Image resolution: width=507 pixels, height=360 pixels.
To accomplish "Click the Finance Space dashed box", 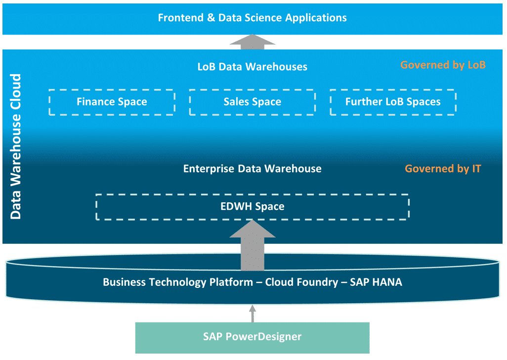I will tap(112, 102).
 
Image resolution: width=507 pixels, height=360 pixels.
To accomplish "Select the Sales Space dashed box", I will tap(252, 102).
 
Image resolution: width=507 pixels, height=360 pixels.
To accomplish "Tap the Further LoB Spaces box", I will tap(393, 102).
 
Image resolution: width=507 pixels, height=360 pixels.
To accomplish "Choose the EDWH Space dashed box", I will tap(252, 207).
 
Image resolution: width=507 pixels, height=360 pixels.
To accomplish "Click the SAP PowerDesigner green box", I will tap(252, 337).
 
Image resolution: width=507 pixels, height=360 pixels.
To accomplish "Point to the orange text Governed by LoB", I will tap(443, 65).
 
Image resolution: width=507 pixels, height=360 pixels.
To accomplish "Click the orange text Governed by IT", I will tap(443, 169).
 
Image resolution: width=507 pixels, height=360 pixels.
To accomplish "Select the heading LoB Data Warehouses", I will tap(252, 67).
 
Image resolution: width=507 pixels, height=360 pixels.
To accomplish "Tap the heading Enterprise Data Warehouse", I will tap(252, 169).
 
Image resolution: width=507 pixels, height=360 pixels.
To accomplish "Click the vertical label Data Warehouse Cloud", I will tap(16, 146).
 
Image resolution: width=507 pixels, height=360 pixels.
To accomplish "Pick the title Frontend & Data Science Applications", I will tap(252, 18).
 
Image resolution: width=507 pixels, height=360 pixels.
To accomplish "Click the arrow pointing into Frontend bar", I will tap(253, 42).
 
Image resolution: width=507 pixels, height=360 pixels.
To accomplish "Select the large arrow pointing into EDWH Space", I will tap(253, 245).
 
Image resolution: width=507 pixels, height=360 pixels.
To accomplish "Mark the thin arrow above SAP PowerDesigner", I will tap(253, 313).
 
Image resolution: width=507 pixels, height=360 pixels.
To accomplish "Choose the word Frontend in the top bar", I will tap(179, 18).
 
